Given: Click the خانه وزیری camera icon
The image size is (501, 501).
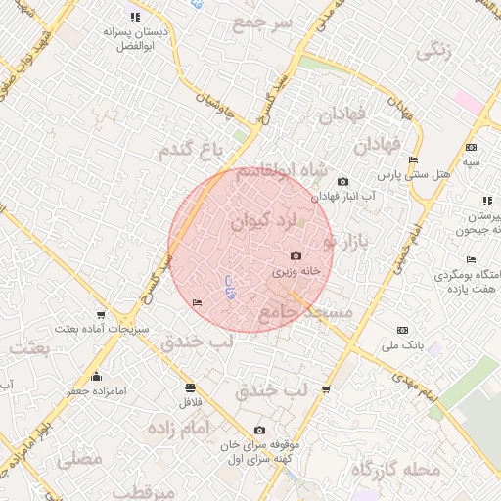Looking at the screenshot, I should tap(296, 256).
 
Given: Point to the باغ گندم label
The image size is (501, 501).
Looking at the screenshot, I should tap(194, 150).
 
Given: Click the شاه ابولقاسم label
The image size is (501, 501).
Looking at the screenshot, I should tap(279, 171).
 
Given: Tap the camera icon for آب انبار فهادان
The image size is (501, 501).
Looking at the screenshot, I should tap(342, 181).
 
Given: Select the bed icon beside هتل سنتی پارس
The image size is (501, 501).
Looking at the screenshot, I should tap(413, 159).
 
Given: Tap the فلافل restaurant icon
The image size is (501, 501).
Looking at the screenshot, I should tap(188, 386).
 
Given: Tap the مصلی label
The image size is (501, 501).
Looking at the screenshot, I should tap(80, 458).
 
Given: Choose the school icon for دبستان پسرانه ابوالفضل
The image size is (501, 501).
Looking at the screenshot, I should tap(135, 17).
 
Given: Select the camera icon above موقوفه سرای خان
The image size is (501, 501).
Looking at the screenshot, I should tap(259, 430).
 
